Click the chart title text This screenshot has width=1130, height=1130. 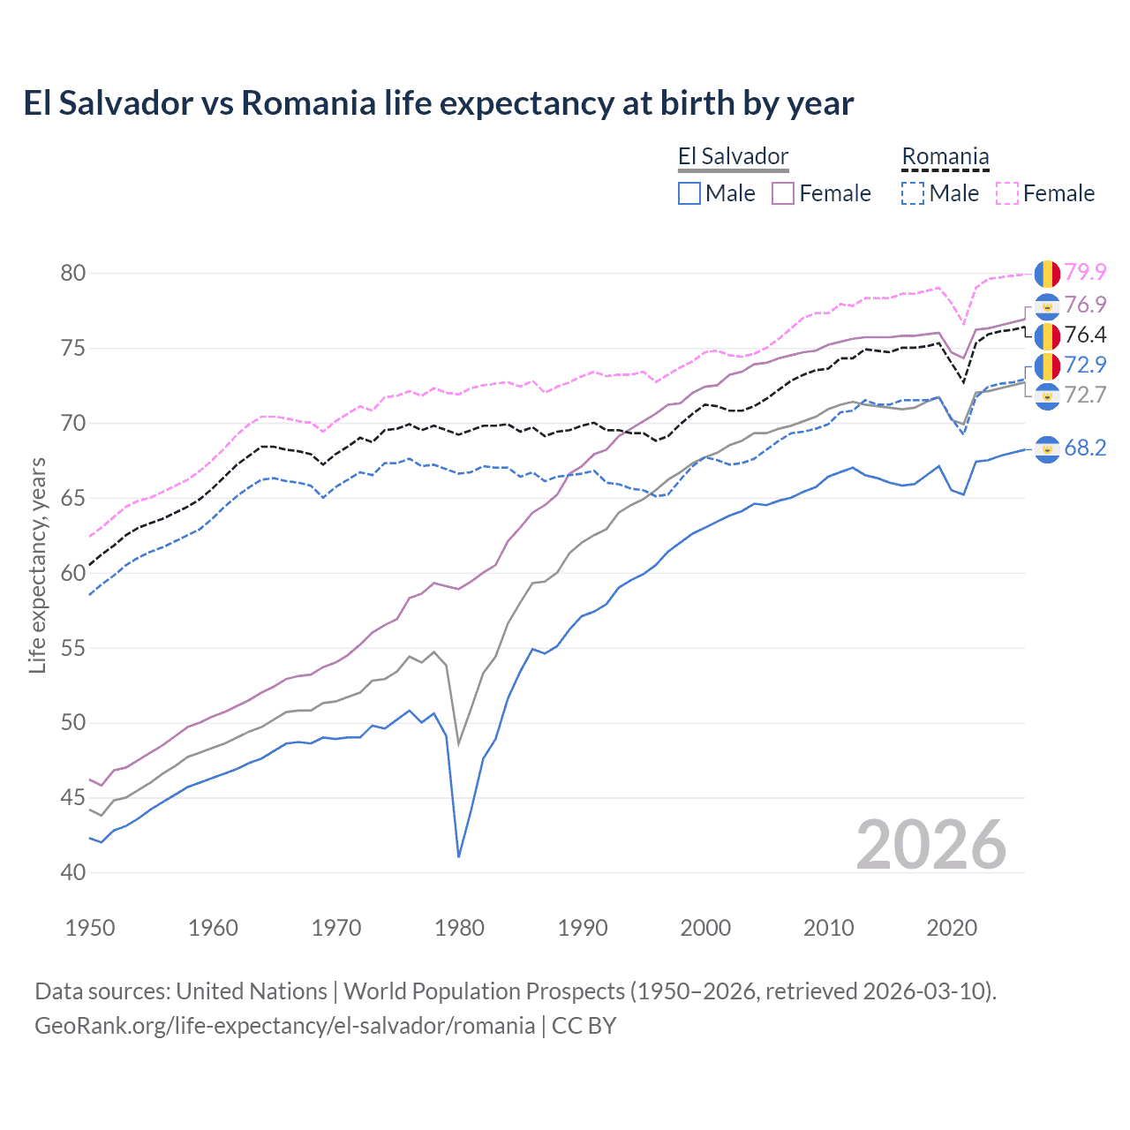tap(438, 103)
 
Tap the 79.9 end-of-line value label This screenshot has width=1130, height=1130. tap(1085, 273)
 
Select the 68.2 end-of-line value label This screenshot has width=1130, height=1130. tap(1085, 448)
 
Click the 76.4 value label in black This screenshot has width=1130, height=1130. tap(1085, 335)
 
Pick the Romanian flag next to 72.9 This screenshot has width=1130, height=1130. tap(1047, 365)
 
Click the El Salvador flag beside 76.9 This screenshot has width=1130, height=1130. tap(1047, 306)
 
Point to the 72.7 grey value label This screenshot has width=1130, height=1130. tap(1085, 395)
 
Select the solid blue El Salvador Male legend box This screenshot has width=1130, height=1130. tap(689, 193)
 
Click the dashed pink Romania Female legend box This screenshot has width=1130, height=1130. tap(1007, 193)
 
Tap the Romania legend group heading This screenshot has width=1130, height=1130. tap(945, 157)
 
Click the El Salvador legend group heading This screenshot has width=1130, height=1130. tap(733, 157)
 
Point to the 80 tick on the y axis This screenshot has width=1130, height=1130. tap(73, 273)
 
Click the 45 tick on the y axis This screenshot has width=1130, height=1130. tap(73, 798)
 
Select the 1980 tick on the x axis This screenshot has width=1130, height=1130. tap(459, 928)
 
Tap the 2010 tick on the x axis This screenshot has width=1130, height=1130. tap(828, 928)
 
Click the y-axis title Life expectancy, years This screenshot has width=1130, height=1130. tap(38, 565)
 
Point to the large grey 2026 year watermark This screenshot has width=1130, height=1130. tap(930, 845)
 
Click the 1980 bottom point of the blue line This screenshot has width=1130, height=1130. tap(459, 856)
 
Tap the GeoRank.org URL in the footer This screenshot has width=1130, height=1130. tap(284, 1026)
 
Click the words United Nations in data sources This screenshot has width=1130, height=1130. tap(252, 991)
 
